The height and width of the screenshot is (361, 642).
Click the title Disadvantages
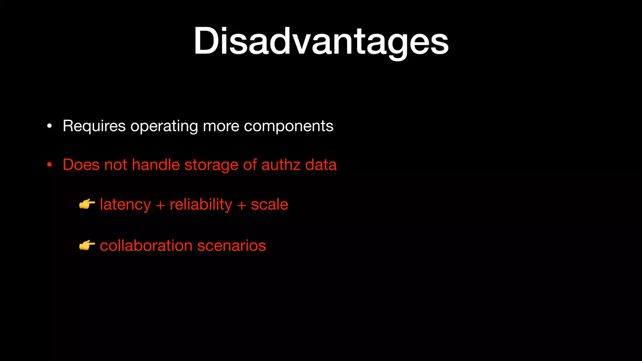point(321,41)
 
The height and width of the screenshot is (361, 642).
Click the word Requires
point(94,126)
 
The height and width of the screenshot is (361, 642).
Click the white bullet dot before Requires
point(49,126)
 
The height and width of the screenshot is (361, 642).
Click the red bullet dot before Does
point(49,165)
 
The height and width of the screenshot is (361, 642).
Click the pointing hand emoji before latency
point(87,205)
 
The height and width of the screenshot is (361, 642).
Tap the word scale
point(269,205)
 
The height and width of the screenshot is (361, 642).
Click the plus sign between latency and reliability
point(160,205)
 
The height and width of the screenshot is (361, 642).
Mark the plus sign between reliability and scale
point(241,205)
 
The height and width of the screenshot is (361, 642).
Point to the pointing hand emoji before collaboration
point(87,245)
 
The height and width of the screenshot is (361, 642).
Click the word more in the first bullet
point(221,126)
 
